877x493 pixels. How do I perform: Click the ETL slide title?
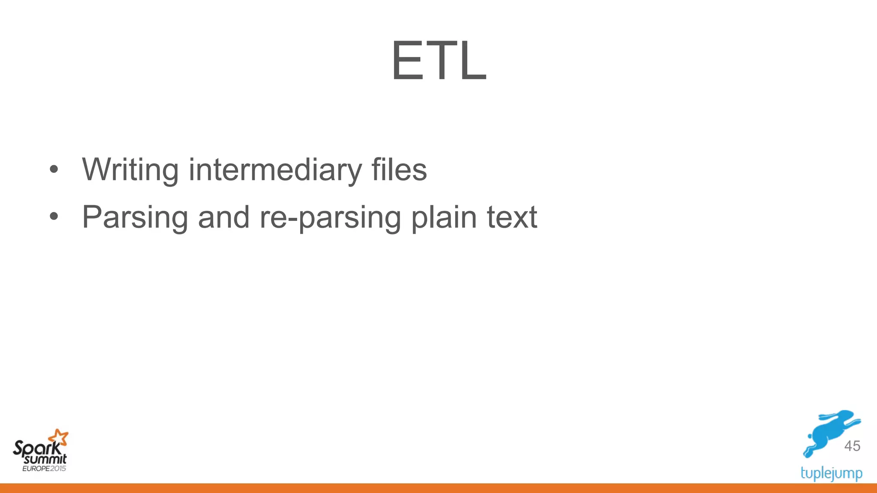438,61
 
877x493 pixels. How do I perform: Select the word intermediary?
275,170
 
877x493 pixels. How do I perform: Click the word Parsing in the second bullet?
135,217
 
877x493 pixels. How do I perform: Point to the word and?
224,217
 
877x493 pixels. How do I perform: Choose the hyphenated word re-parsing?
330,217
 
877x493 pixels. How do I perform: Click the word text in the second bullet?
512,217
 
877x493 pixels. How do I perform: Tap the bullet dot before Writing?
54,169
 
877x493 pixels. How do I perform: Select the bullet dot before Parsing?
54,217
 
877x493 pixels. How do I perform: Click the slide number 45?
852,446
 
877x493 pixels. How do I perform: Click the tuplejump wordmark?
831,473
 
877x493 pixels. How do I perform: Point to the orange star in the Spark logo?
58,437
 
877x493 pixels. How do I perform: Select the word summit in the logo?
45,460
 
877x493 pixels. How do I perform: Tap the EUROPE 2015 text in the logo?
44,468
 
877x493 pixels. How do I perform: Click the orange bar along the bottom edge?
438,488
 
